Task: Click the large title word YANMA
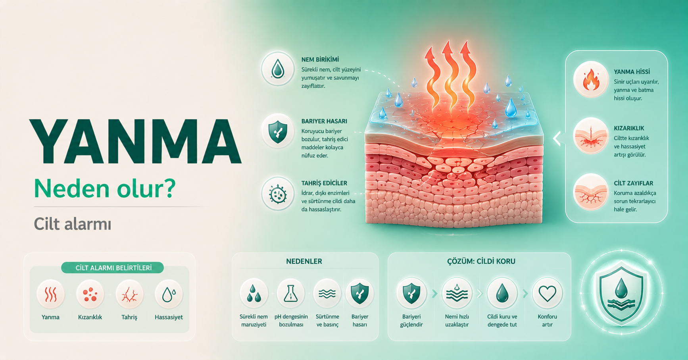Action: [x=136, y=141]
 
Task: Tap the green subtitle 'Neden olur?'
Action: [x=105, y=188]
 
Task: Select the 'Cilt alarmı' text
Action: [x=73, y=224]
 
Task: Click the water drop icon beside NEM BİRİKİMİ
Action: [x=278, y=69]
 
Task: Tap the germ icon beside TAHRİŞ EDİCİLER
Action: [x=278, y=194]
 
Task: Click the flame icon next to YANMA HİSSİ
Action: [x=591, y=79]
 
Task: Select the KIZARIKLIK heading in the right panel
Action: [x=629, y=128]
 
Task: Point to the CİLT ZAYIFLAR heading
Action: [x=633, y=183]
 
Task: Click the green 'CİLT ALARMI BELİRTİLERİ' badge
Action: [x=113, y=268]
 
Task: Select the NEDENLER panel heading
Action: [x=304, y=261]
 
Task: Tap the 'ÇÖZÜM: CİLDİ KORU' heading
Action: [x=481, y=261]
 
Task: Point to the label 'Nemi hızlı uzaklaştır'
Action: [x=457, y=320]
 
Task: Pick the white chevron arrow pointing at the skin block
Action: [x=557, y=139]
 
